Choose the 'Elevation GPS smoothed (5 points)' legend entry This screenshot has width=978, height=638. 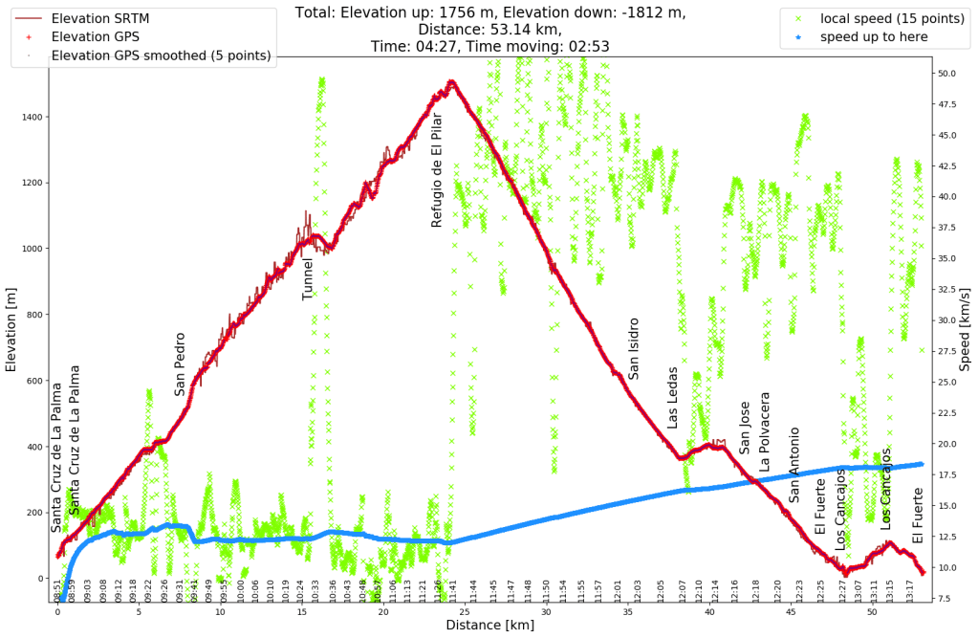pyautogui.click(x=160, y=55)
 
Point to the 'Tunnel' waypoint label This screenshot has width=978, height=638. pyautogui.click(x=308, y=278)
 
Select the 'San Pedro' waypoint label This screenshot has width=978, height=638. pyautogui.click(x=180, y=363)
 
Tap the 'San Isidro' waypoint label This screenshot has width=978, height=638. pyautogui.click(x=633, y=348)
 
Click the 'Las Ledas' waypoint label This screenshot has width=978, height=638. pyautogui.click(x=672, y=397)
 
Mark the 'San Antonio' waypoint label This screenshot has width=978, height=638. pyautogui.click(x=793, y=464)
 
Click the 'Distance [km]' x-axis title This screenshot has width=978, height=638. pyautogui.click(x=489, y=626)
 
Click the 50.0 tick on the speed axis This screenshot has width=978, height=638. pyautogui.click(x=945, y=73)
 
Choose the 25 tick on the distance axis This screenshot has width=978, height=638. pyautogui.click(x=465, y=612)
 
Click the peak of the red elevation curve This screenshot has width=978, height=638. pyautogui.click(x=450, y=82)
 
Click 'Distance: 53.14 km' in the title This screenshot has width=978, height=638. pyautogui.click(x=490, y=29)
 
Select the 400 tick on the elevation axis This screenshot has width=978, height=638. pyautogui.click(x=34, y=447)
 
